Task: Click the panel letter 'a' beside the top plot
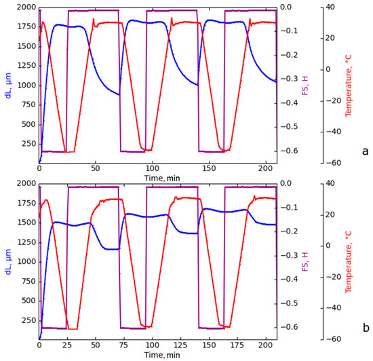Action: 365,151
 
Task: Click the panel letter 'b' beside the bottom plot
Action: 365,327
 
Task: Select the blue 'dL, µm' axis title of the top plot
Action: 8,85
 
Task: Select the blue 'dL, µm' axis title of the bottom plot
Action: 8,261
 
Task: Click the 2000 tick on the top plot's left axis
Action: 25,7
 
